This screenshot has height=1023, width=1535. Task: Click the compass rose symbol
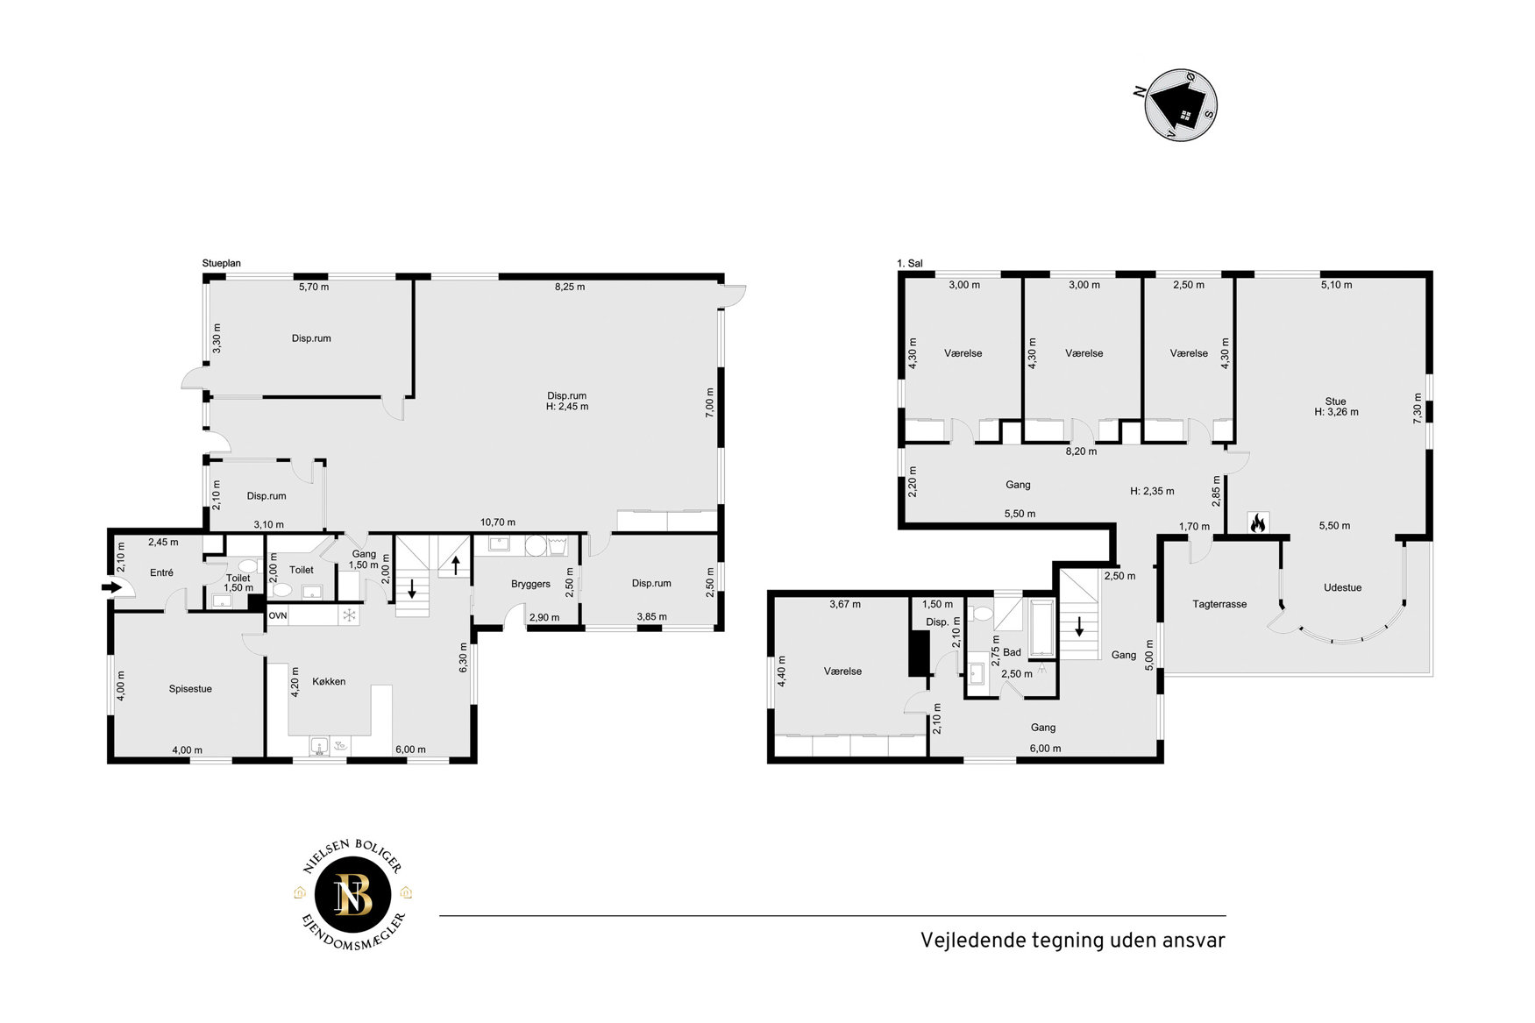click(1181, 105)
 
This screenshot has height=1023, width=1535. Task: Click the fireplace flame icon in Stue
click(1257, 523)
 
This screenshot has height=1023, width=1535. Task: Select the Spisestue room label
click(190, 689)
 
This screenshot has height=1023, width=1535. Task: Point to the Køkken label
click(329, 681)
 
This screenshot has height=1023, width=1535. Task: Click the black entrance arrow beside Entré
click(112, 587)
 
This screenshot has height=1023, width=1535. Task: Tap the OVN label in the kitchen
click(278, 615)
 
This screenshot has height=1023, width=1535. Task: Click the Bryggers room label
click(530, 584)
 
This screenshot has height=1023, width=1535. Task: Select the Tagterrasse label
click(1219, 604)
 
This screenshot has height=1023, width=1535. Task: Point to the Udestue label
click(1342, 587)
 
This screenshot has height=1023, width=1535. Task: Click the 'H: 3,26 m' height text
click(1336, 412)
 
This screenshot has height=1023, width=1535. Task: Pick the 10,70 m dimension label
click(497, 522)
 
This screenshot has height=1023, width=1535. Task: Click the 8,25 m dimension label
click(570, 287)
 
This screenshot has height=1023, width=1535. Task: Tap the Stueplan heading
click(221, 263)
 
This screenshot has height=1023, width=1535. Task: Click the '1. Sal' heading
click(910, 263)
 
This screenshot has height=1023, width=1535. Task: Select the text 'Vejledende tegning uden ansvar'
click(1073, 940)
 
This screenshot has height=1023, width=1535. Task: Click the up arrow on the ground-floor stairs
click(456, 565)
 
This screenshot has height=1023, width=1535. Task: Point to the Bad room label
click(1012, 652)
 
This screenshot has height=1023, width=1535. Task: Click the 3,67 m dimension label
click(845, 604)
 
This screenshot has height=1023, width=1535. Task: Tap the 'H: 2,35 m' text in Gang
click(1152, 492)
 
